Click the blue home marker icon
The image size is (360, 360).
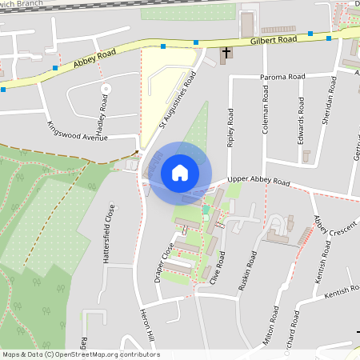click(179, 173)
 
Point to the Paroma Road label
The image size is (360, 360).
click(283, 77)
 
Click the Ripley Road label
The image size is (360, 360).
click(230, 128)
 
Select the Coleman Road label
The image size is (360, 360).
click(266, 115)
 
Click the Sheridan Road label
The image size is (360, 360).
click(327, 102)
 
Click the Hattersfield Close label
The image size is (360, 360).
click(110, 233)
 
